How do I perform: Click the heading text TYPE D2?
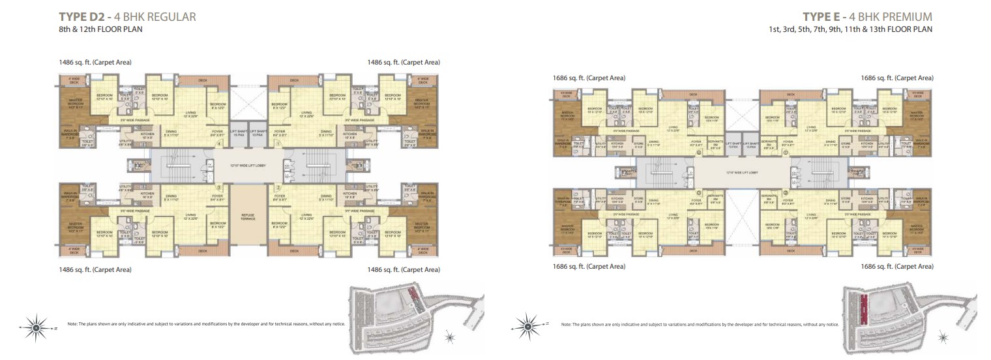coord(79,17)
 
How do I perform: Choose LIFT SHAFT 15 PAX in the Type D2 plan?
coord(239,133)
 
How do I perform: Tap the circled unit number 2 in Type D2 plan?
coord(278,187)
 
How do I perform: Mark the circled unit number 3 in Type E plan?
coord(699,192)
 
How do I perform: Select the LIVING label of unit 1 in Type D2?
coord(306,113)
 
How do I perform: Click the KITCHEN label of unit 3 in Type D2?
coord(147,194)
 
